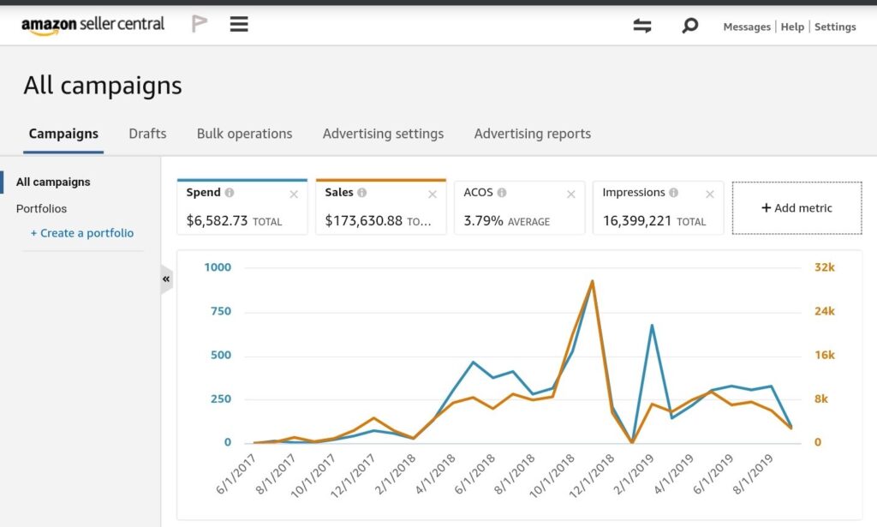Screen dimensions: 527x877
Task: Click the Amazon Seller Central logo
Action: (x=92, y=25)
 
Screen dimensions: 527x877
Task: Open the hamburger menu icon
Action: (x=239, y=25)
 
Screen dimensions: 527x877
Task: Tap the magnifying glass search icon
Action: (x=689, y=26)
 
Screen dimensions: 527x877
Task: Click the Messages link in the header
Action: (x=747, y=27)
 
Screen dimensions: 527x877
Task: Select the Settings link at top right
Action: (x=835, y=27)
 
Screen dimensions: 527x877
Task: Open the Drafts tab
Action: (x=147, y=134)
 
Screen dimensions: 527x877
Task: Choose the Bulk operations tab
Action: (x=244, y=134)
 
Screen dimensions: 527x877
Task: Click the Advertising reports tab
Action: (x=532, y=134)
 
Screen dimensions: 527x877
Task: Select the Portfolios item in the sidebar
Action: (x=41, y=208)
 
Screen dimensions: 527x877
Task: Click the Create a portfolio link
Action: (x=82, y=233)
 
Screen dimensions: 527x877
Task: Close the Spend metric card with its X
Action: (x=294, y=195)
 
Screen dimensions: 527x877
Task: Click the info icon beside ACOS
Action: (x=502, y=193)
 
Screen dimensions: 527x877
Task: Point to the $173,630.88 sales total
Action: (x=364, y=221)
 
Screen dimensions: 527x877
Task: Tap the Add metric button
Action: (x=796, y=207)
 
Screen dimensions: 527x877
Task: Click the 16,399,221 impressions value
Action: (x=638, y=221)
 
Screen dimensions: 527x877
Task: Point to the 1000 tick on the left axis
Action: (x=218, y=267)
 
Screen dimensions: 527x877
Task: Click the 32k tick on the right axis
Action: (x=824, y=267)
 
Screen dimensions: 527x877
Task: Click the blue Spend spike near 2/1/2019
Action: (x=652, y=326)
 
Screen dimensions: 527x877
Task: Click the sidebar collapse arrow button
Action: (x=166, y=278)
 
